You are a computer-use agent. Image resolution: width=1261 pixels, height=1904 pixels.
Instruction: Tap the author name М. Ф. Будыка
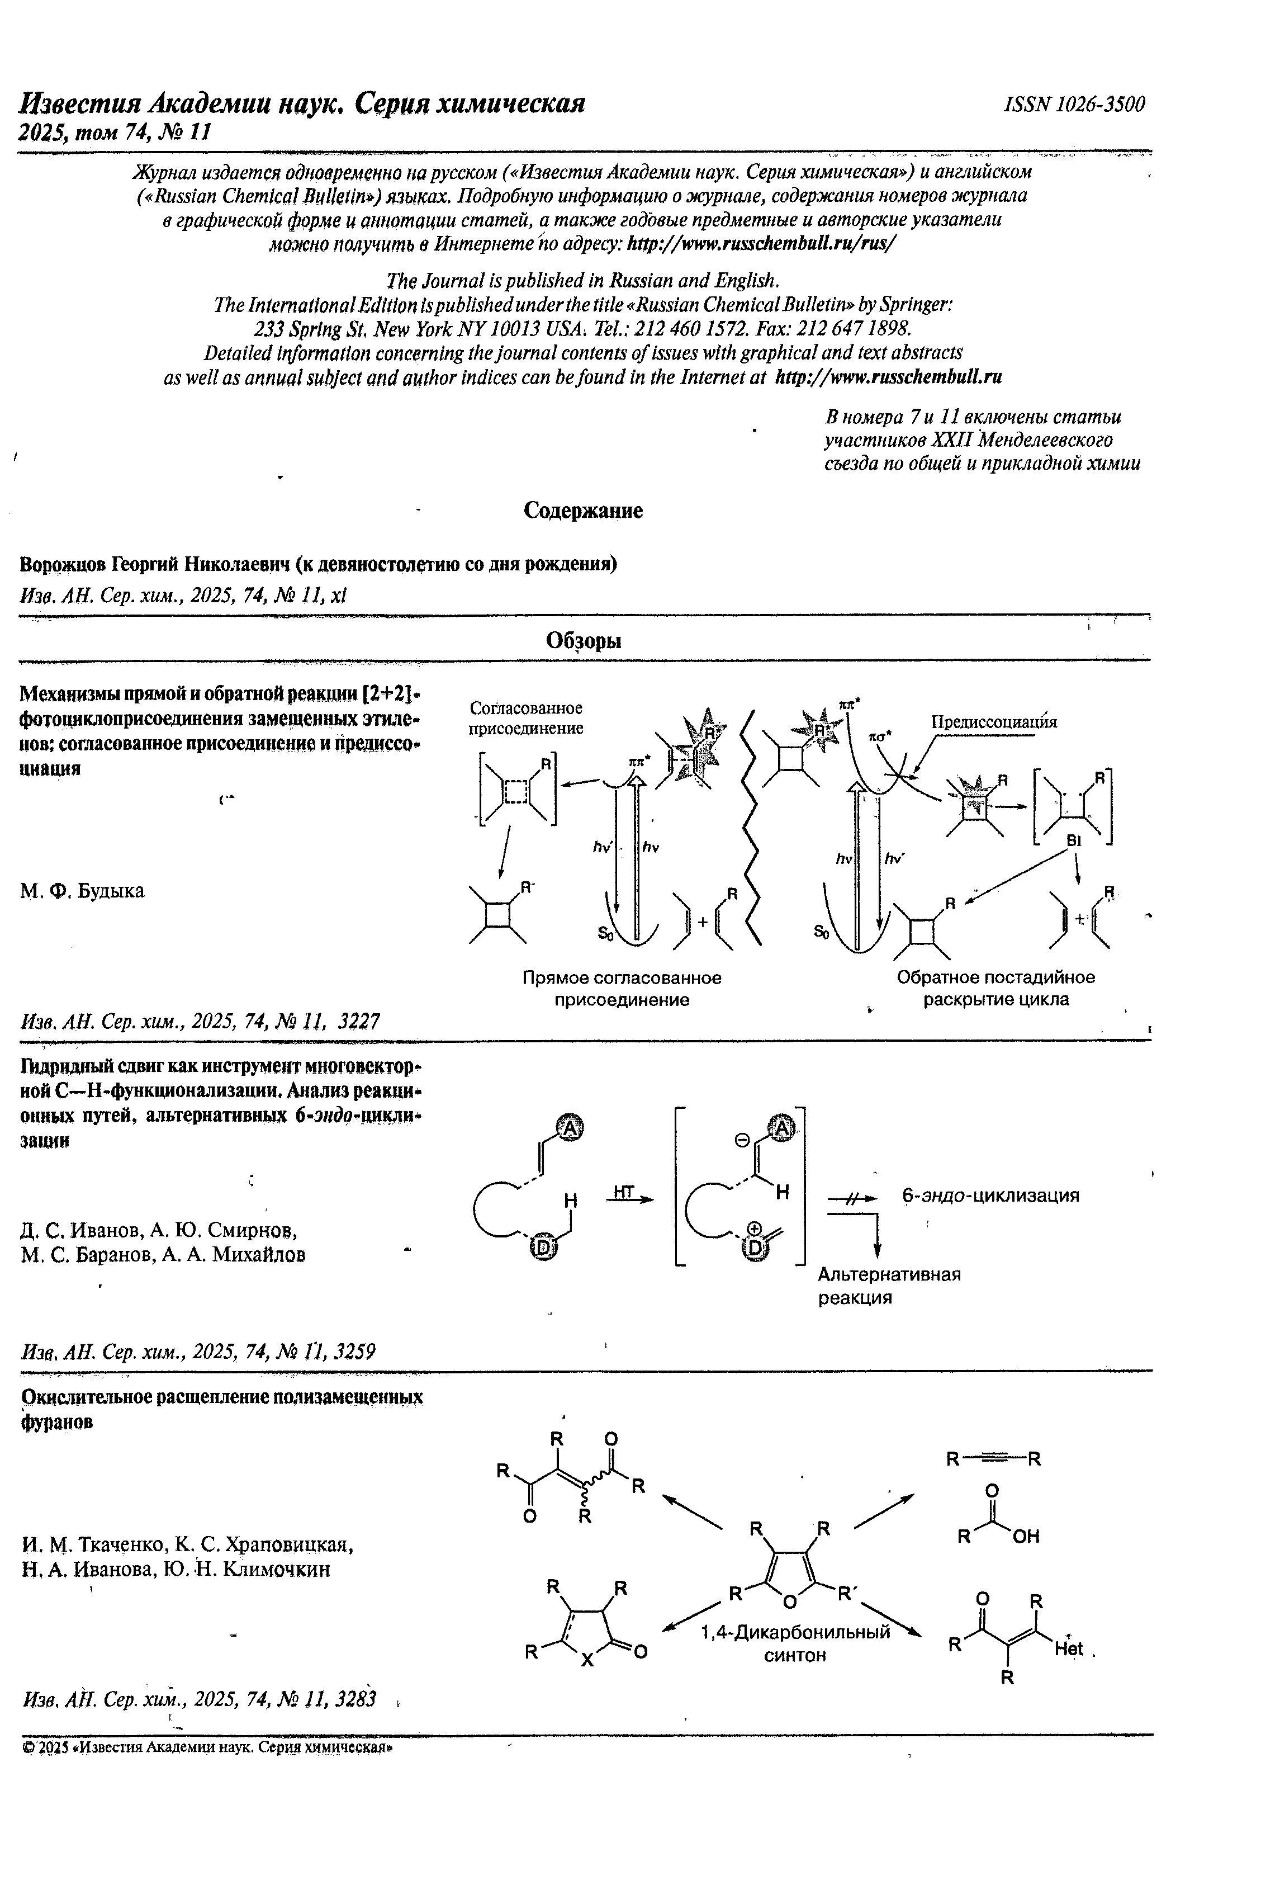82,890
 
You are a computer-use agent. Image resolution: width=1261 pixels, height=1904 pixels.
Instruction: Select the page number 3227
359,1020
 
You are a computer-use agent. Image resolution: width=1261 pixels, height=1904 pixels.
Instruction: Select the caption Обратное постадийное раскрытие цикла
995,989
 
